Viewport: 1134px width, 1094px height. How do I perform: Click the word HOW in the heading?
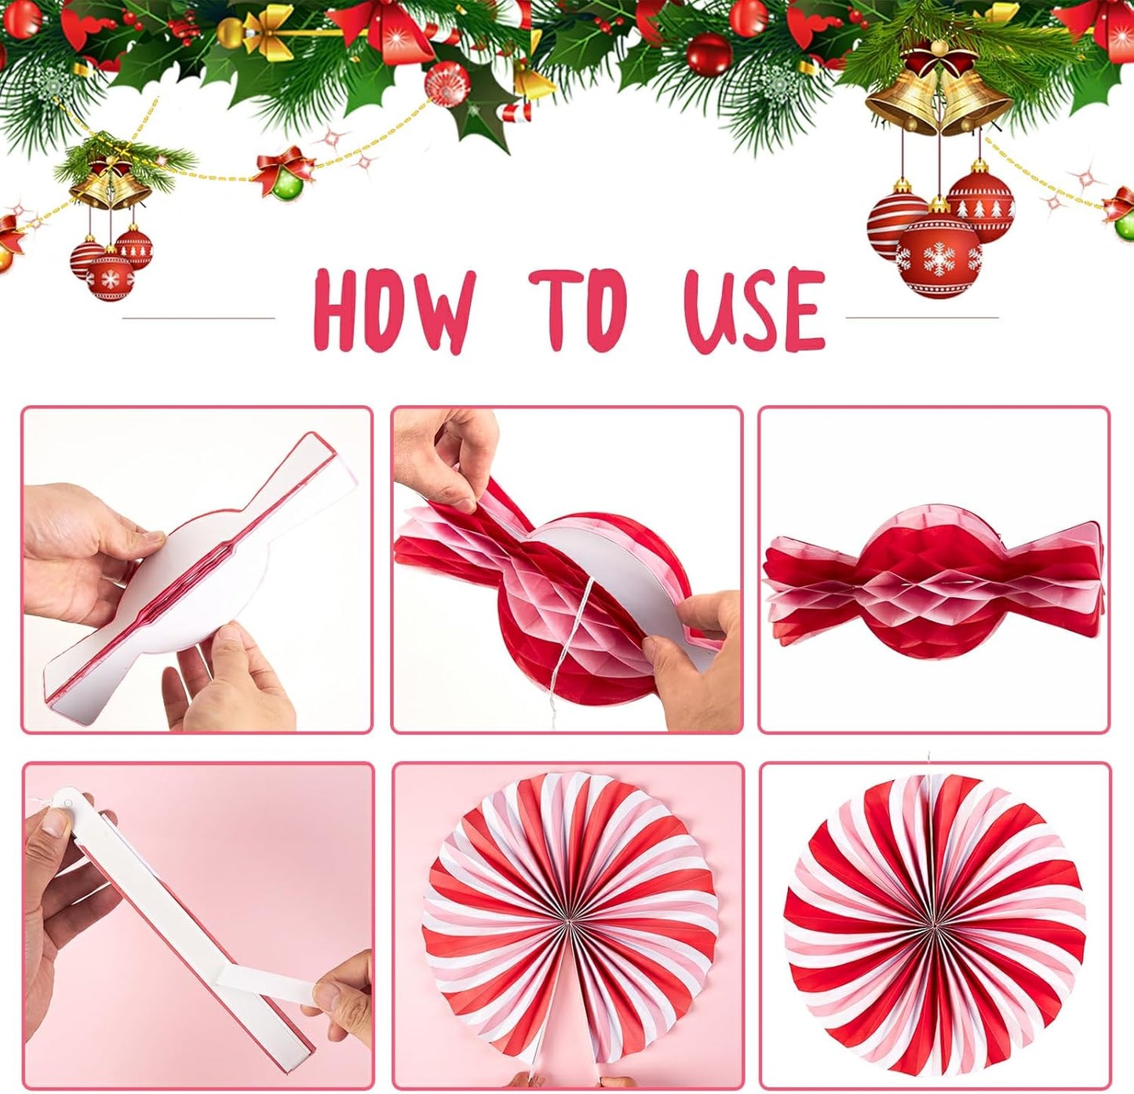coord(394,311)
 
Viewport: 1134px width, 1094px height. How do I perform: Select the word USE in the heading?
coord(755,309)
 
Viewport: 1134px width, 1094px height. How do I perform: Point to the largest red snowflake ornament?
coord(939,257)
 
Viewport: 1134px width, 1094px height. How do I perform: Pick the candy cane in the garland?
coord(515,111)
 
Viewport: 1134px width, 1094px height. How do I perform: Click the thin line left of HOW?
coord(199,318)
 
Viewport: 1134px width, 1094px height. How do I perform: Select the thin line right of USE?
coord(921,318)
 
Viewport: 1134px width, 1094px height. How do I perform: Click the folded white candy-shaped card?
coord(196,573)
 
